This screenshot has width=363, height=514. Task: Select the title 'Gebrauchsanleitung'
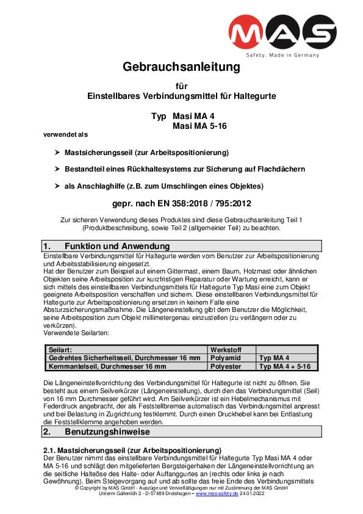(x=182, y=67)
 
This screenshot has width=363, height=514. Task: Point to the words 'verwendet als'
(x=66, y=134)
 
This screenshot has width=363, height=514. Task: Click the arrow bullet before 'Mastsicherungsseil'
(x=57, y=151)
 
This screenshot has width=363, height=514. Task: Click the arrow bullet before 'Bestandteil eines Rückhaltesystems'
(x=57, y=168)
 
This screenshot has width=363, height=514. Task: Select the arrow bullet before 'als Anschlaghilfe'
(x=57, y=186)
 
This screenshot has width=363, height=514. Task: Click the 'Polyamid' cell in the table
(x=225, y=358)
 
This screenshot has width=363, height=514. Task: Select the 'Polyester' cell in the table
(x=226, y=366)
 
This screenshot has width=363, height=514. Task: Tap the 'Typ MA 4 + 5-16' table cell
(x=285, y=366)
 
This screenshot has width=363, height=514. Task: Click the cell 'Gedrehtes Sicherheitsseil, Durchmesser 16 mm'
(x=124, y=358)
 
